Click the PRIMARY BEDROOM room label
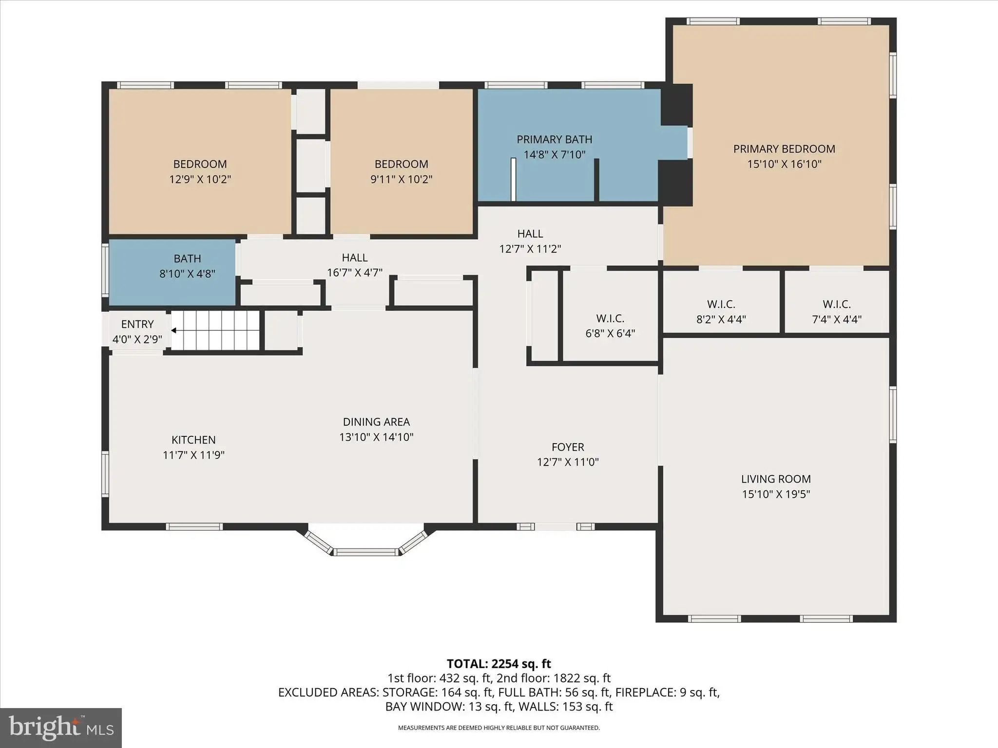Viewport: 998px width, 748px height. [784, 149]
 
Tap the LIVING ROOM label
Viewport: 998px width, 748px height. [776, 479]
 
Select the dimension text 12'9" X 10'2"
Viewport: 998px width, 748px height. [200, 179]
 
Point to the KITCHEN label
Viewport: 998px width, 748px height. [193, 440]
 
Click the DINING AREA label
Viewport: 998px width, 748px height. [376, 422]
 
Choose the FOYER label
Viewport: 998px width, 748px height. [568, 447]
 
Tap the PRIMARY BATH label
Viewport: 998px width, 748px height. [555, 140]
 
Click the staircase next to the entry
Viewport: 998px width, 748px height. [215, 331]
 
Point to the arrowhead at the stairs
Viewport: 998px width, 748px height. [173, 331]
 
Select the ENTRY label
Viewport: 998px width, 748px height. [137, 324]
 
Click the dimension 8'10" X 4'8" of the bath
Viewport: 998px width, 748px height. [187, 274]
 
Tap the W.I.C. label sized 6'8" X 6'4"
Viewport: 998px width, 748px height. [610, 318]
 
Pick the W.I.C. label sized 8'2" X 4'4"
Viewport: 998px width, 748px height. [721, 304]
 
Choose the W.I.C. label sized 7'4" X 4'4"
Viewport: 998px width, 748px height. [837, 304]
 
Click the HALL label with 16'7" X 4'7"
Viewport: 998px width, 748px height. [355, 258]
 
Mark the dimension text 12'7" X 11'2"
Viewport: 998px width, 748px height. [530, 249]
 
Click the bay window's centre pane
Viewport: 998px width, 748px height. [366, 552]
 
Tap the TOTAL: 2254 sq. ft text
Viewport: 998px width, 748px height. [499, 664]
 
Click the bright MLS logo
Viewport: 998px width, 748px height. [61, 728]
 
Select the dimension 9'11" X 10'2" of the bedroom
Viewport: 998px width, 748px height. [402, 179]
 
